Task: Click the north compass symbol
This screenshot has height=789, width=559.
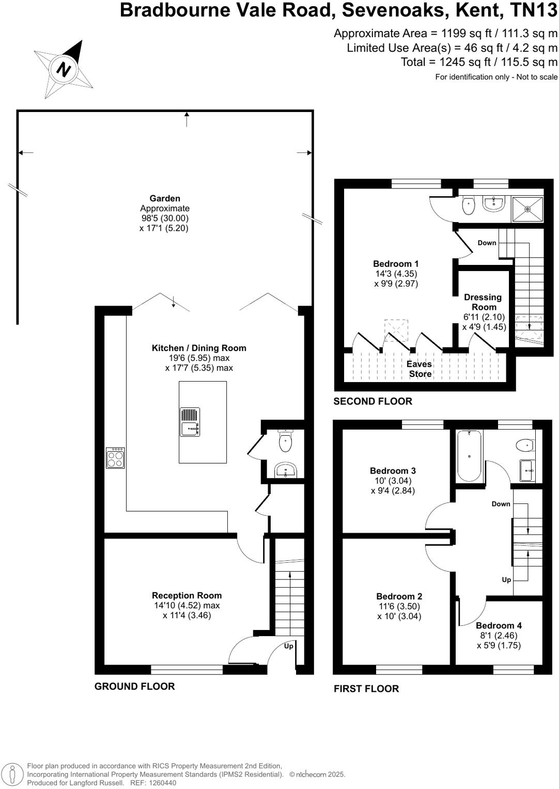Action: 64,69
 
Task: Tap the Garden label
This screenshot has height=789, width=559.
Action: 165,198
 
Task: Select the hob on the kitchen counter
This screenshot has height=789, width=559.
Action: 115,458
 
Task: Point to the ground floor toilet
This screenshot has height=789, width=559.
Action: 285,440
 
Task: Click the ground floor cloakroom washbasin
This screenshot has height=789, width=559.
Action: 285,470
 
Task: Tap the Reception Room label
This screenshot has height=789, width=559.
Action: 187,595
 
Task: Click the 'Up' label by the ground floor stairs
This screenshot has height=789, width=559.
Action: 288,646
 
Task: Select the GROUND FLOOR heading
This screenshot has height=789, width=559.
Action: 134,686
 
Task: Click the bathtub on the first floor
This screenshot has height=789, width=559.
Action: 469,455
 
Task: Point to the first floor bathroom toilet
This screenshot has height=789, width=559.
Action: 524,444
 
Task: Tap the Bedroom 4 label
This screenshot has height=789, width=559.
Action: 499,625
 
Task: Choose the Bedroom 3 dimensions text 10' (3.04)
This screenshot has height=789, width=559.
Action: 393,481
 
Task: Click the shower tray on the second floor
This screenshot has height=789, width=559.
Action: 527,209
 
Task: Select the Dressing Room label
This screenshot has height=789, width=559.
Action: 483,302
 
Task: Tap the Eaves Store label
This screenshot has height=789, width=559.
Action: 419,369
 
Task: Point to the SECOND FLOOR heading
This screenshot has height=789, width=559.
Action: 372,401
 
